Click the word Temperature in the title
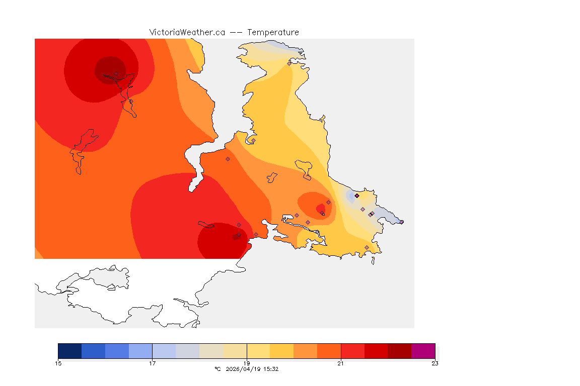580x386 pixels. coord(273,32)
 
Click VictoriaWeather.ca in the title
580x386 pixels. coord(187,32)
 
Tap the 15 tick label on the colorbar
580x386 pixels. coord(58,363)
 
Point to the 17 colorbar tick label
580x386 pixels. coord(152,363)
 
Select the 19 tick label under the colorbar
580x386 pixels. coord(247,363)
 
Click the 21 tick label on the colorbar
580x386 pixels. coord(341,363)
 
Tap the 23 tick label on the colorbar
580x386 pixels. coord(435,363)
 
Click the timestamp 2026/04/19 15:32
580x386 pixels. coord(251,369)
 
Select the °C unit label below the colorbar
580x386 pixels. coord(217,369)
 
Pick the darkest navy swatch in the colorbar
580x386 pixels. coord(70,351)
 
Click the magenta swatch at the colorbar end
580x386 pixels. coord(423,351)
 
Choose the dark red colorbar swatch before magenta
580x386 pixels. coord(399,351)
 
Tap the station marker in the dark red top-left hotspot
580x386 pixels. coord(116,73)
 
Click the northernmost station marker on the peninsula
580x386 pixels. coord(289,63)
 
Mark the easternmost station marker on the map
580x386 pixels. coord(401,222)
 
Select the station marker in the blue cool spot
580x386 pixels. coord(356,196)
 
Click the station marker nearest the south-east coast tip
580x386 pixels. coord(367,247)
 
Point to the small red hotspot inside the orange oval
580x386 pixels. coord(321,208)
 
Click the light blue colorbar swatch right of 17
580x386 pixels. coord(164,351)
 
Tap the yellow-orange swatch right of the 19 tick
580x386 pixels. coord(282,351)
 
